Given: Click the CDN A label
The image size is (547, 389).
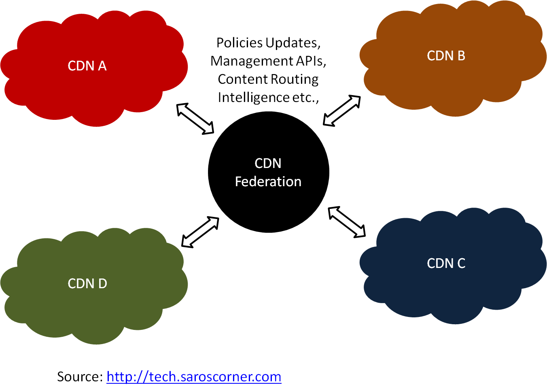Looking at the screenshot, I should pos(87,66).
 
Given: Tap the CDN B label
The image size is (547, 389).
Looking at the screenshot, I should pos(446,56).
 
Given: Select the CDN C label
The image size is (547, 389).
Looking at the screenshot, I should pos(446,264).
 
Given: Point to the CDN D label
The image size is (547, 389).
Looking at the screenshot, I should pos(87,284).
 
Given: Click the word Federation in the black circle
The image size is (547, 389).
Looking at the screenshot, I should pos(268,182).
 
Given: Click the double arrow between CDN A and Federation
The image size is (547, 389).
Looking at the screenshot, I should pos(195,118).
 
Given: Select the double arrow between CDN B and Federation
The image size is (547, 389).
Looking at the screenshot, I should pos(342,111).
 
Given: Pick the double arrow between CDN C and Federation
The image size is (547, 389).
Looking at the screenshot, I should pos(347,222).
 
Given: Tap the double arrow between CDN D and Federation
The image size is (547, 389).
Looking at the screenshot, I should pos(200,232).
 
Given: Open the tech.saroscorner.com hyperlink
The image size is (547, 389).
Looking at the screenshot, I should pos(194,377).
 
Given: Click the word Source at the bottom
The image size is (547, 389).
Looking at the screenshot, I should pos(79,377).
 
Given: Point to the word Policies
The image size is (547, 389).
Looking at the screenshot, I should pos(240,43).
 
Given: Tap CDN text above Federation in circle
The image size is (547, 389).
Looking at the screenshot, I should pos(268,164).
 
